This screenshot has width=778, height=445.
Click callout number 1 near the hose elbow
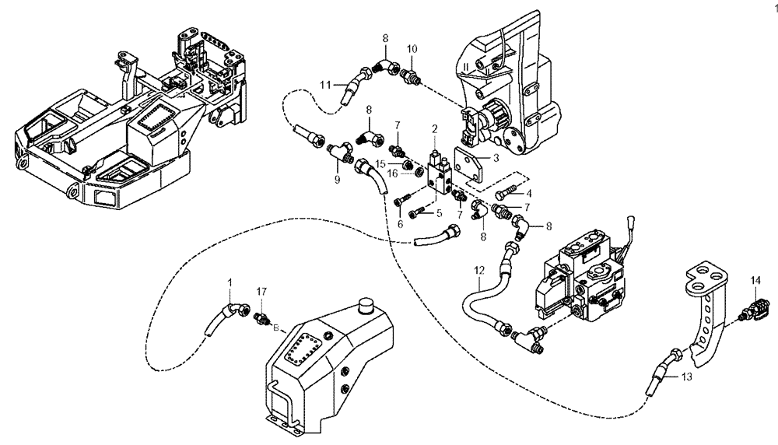(230, 280)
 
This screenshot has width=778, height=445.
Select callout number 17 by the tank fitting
(262, 291)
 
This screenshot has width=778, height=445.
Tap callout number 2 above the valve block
(436, 128)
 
